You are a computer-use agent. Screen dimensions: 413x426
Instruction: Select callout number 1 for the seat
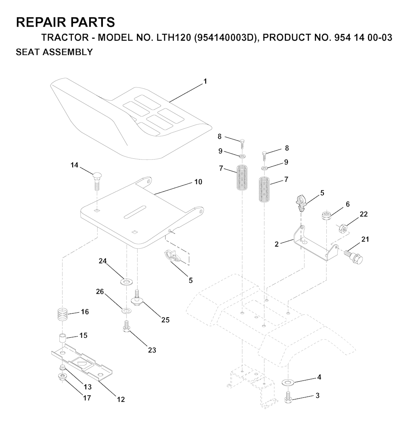pyautogui.click(x=205, y=81)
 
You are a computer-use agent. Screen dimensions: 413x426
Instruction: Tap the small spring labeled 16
pyautogui.click(x=63, y=315)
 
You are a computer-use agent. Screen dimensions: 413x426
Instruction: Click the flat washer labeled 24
pyautogui.click(x=126, y=281)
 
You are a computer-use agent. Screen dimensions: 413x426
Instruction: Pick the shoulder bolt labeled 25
pyautogui.click(x=137, y=298)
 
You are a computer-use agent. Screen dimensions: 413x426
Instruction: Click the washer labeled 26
pyautogui.click(x=126, y=311)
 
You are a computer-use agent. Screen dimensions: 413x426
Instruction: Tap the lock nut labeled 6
pyautogui.click(x=326, y=216)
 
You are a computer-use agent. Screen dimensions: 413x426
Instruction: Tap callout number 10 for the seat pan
pyautogui.click(x=198, y=182)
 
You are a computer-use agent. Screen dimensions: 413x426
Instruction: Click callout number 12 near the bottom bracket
pyautogui.click(x=121, y=399)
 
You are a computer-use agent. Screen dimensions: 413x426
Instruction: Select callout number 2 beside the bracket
pyautogui.click(x=277, y=244)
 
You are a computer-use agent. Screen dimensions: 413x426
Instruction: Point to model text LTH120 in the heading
pyautogui.click(x=174, y=37)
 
